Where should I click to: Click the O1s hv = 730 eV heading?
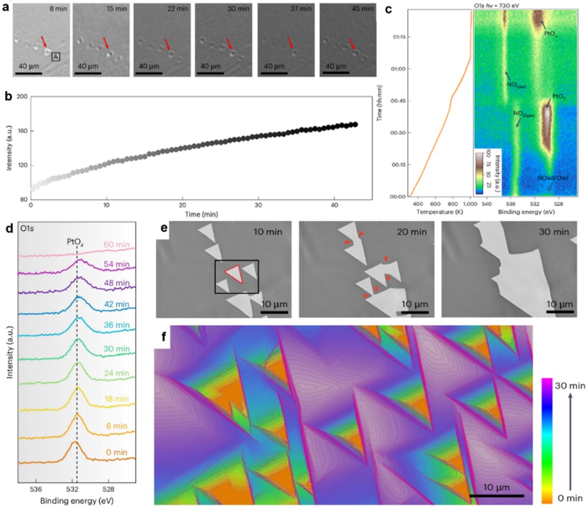tap(501, 5)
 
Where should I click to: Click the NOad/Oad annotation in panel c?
tap(551, 178)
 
